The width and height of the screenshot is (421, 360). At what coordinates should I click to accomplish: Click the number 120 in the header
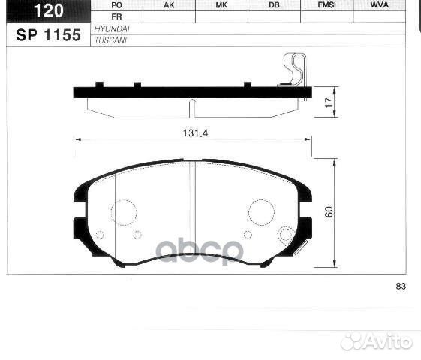47,10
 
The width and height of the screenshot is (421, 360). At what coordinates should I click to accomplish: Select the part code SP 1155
47,34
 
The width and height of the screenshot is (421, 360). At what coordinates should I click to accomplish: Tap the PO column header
116,5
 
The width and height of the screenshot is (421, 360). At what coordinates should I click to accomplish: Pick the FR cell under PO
116,16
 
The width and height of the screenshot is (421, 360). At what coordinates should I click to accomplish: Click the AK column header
169,5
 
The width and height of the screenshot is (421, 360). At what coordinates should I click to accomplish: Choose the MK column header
221,5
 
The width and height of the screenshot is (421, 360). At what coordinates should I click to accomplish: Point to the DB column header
273,5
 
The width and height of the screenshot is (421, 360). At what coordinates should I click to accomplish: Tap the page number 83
400,286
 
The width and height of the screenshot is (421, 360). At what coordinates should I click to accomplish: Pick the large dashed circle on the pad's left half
123,211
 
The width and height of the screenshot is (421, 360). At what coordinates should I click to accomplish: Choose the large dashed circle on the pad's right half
261,211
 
